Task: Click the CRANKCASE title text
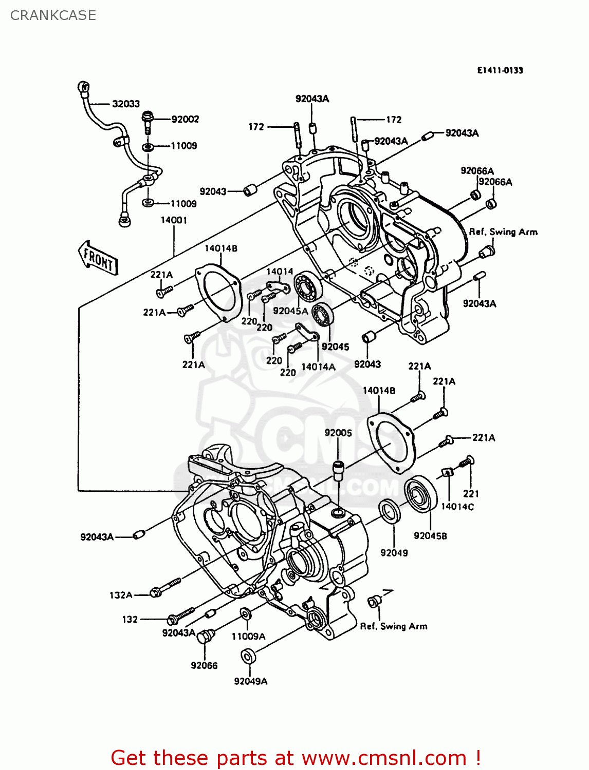tap(53, 15)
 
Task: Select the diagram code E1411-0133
tap(500, 70)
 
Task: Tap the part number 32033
tap(126, 104)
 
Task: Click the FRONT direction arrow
tap(98, 258)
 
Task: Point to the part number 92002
tap(185, 119)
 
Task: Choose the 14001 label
tap(174, 220)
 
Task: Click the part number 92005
tap(338, 433)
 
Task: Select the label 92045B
tap(430, 536)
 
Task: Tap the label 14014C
tap(457, 507)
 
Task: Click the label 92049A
tap(250, 681)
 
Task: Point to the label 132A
tap(121, 595)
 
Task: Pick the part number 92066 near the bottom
tap(204, 665)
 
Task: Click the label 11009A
tap(248, 637)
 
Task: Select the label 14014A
tap(318, 367)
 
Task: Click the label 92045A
tap(290, 311)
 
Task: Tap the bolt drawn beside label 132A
tap(165, 588)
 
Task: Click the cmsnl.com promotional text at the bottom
tap(296, 758)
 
